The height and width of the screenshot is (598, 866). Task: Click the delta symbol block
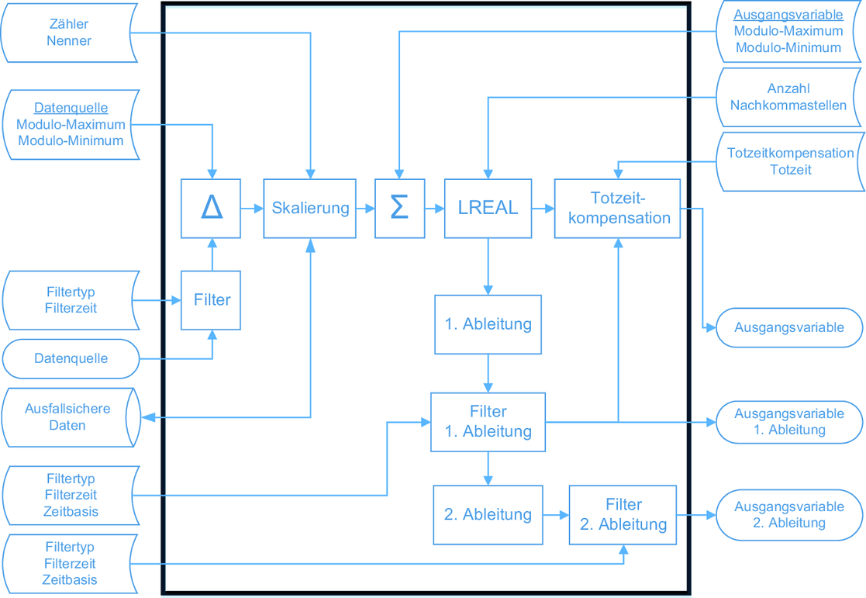pyautogui.click(x=211, y=209)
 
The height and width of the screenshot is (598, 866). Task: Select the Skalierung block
pyautogui.click(x=310, y=209)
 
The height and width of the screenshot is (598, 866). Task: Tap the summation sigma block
pyautogui.click(x=399, y=209)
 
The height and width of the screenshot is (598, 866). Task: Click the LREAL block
pyautogui.click(x=488, y=209)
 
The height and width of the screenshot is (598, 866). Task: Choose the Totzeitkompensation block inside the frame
pyautogui.click(x=618, y=209)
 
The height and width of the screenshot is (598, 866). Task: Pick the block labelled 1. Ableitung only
pyautogui.click(x=488, y=324)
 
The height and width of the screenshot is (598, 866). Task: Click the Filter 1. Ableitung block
pyautogui.click(x=488, y=422)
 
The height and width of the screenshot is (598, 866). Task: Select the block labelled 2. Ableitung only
pyautogui.click(x=488, y=514)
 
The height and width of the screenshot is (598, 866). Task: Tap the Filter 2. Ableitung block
pyautogui.click(x=623, y=514)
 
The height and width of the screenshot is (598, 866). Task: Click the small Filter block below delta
pyautogui.click(x=211, y=300)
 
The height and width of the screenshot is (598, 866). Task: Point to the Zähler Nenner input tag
pyautogui.click(x=68, y=33)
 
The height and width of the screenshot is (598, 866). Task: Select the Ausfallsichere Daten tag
pyautogui.click(x=68, y=417)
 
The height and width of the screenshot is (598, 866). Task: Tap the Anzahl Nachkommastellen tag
pyautogui.click(x=788, y=97)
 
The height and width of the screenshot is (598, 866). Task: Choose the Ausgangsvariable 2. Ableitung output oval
pyautogui.click(x=788, y=515)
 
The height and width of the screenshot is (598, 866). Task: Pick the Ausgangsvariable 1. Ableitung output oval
pyautogui.click(x=788, y=422)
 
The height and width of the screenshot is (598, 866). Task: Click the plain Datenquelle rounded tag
pyautogui.click(x=71, y=359)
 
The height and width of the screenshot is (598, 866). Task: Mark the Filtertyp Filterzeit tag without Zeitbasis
pyautogui.click(x=71, y=300)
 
